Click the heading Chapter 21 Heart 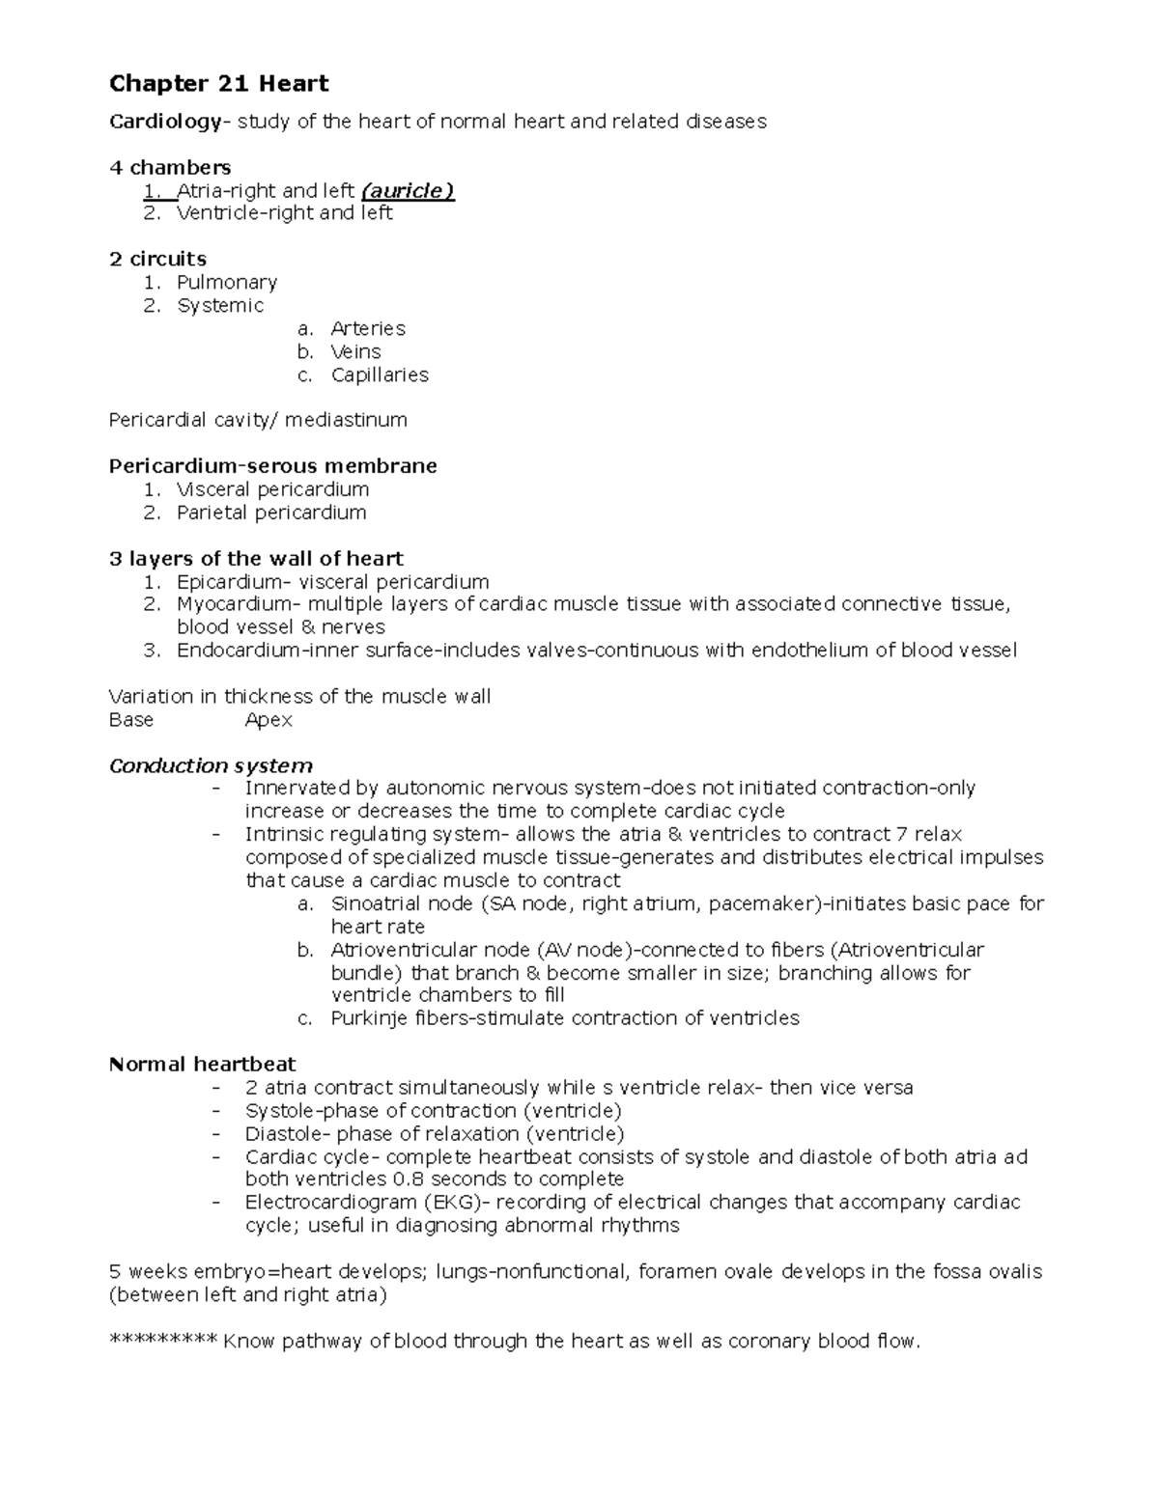point(218,84)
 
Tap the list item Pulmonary point(226,282)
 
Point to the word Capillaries point(379,375)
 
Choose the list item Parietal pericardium point(271,513)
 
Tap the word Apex point(269,720)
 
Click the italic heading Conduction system point(211,765)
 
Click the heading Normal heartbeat point(202,1065)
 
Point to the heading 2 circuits point(157,259)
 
